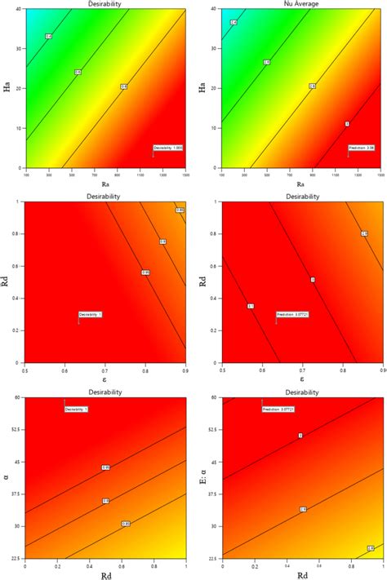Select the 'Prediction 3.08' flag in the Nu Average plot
coord(360,148)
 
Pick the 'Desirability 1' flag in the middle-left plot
coord(91,314)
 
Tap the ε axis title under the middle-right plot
coord(302,379)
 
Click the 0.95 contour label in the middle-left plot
coord(145,272)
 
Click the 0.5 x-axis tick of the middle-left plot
coord(25,370)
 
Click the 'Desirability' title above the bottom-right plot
coord(301,392)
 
